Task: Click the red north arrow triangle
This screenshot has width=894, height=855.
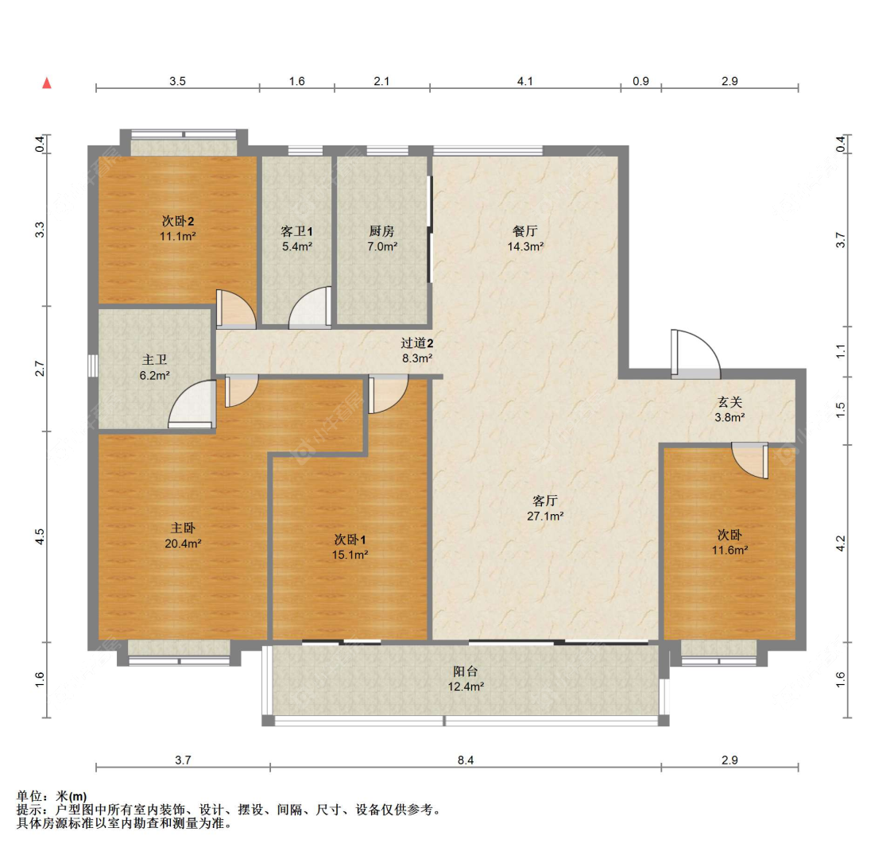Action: coord(48,83)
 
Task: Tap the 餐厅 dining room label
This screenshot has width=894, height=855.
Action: coord(525,231)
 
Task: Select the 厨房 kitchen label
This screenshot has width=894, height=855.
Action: coord(381,231)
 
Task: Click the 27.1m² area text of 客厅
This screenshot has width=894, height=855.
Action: coord(545,516)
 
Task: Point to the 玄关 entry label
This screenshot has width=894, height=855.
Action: coord(730,402)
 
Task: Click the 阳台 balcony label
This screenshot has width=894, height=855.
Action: coord(465,671)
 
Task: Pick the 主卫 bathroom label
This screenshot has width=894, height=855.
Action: coord(154,360)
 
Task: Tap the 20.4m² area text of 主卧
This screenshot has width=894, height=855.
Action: coord(183,544)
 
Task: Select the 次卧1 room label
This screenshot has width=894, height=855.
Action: coord(350,540)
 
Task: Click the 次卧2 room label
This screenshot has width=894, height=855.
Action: coord(178,221)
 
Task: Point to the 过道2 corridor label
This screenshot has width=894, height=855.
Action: coord(416,343)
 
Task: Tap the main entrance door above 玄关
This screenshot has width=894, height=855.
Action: coord(695,354)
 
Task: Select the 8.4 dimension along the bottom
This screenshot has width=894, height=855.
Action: coord(466,760)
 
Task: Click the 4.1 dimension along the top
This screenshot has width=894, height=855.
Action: coord(525,82)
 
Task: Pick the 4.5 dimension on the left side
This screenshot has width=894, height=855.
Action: coord(40,536)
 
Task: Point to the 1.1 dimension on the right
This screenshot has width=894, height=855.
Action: coord(841,352)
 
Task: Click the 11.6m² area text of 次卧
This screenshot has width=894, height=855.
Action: coord(730,551)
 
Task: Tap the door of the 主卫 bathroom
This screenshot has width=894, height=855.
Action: coord(192,404)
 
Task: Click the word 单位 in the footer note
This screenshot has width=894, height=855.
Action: coord(29,796)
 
